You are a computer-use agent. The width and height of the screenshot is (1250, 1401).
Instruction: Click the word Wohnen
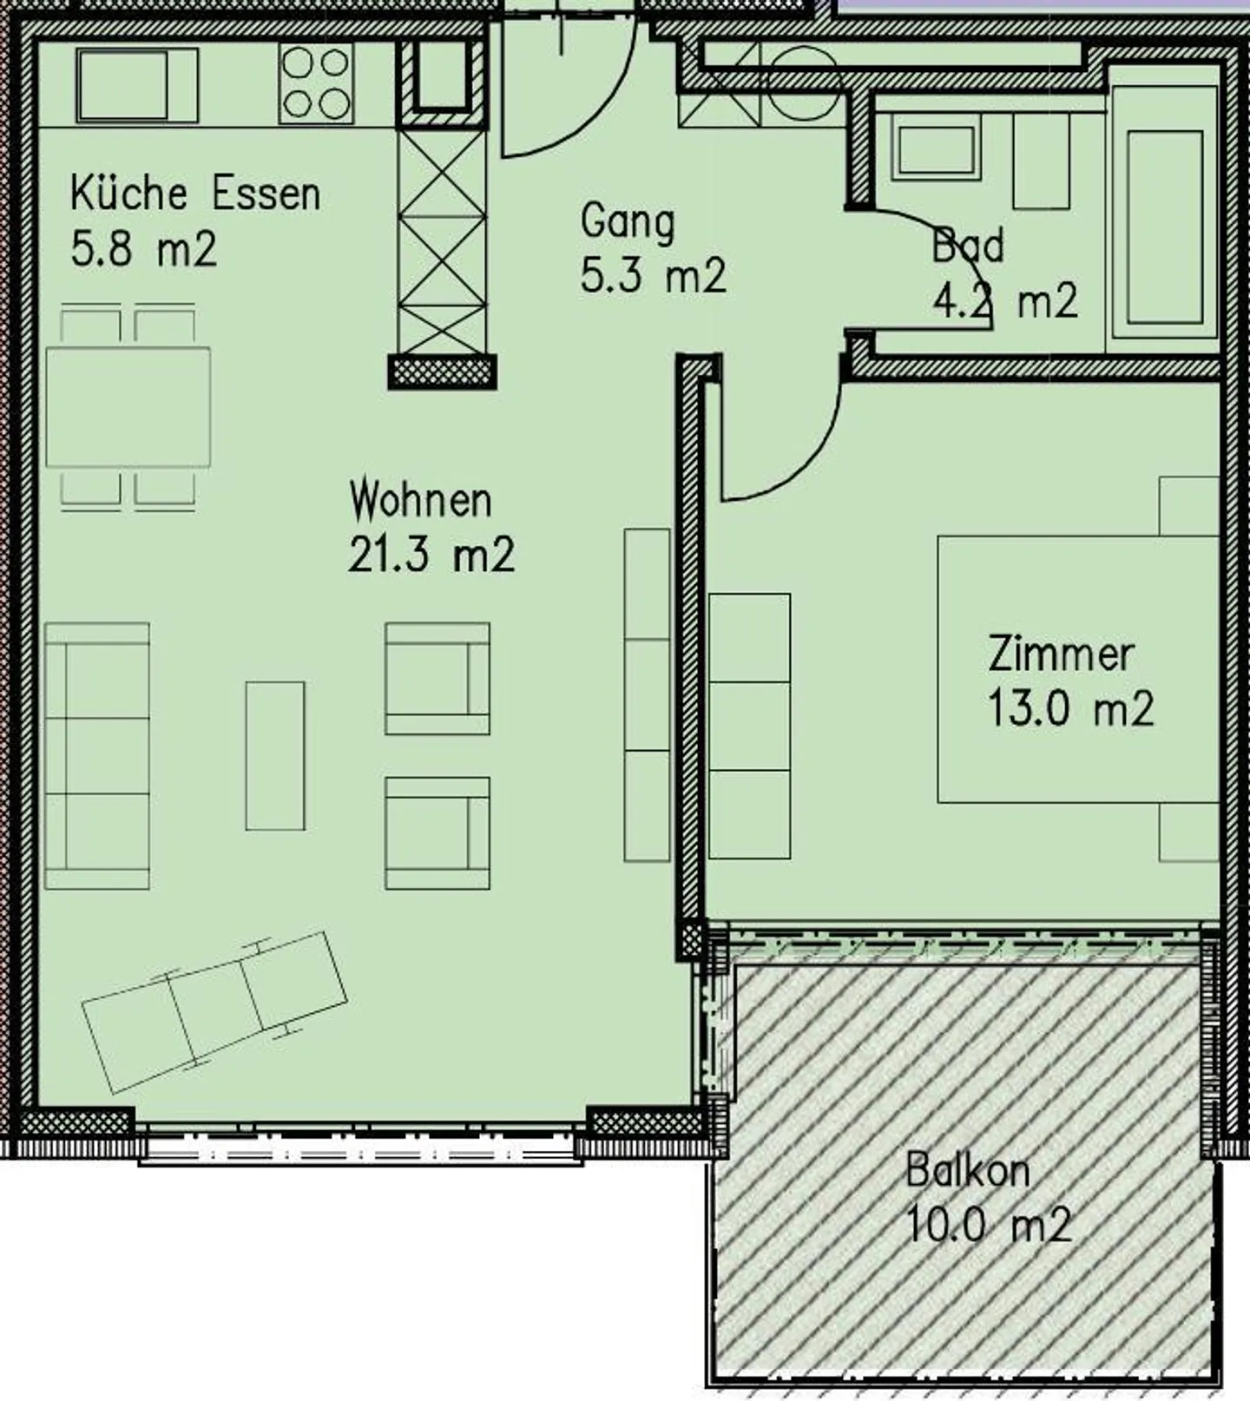click(x=420, y=501)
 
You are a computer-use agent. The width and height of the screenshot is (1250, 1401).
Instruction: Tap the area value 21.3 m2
click(x=431, y=555)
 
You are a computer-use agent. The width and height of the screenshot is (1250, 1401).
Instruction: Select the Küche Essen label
click(x=195, y=193)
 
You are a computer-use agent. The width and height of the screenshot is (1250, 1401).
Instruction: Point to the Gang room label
click(x=627, y=221)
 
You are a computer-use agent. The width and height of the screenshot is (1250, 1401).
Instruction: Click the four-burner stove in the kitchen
click(x=316, y=84)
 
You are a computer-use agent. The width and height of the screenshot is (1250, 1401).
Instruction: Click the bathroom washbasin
click(x=935, y=152)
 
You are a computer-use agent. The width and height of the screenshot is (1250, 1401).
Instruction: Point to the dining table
click(x=128, y=407)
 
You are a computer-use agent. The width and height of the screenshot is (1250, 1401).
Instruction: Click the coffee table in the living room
click(x=275, y=755)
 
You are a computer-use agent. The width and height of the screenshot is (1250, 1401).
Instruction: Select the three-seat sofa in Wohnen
click(x=97, y=755)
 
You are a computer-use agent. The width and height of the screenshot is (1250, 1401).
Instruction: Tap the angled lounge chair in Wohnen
click(x=214, y=1012)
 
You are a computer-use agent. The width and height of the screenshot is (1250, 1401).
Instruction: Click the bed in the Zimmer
click(x=1076, y=668)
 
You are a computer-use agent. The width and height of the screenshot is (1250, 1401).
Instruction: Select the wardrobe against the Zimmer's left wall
click(x=749, y=726)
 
